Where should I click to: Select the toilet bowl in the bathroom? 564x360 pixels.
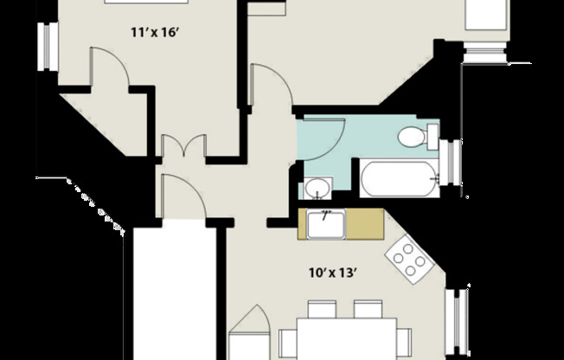tap(410, 137)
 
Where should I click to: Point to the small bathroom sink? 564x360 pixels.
tap(317, 188)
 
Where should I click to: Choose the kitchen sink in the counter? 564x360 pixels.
tap(326, 224)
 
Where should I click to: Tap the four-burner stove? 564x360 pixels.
tap(409, 256)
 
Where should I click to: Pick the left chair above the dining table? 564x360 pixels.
tap(322, 310)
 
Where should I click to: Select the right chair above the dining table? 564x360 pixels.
tap(367, 310)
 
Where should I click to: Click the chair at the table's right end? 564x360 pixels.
tap(405, 340)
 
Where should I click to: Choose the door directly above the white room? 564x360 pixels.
tap(180, 196)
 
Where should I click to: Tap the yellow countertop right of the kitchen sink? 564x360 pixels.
tap(364, 224)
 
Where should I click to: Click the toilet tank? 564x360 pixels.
tap(431, 137)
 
